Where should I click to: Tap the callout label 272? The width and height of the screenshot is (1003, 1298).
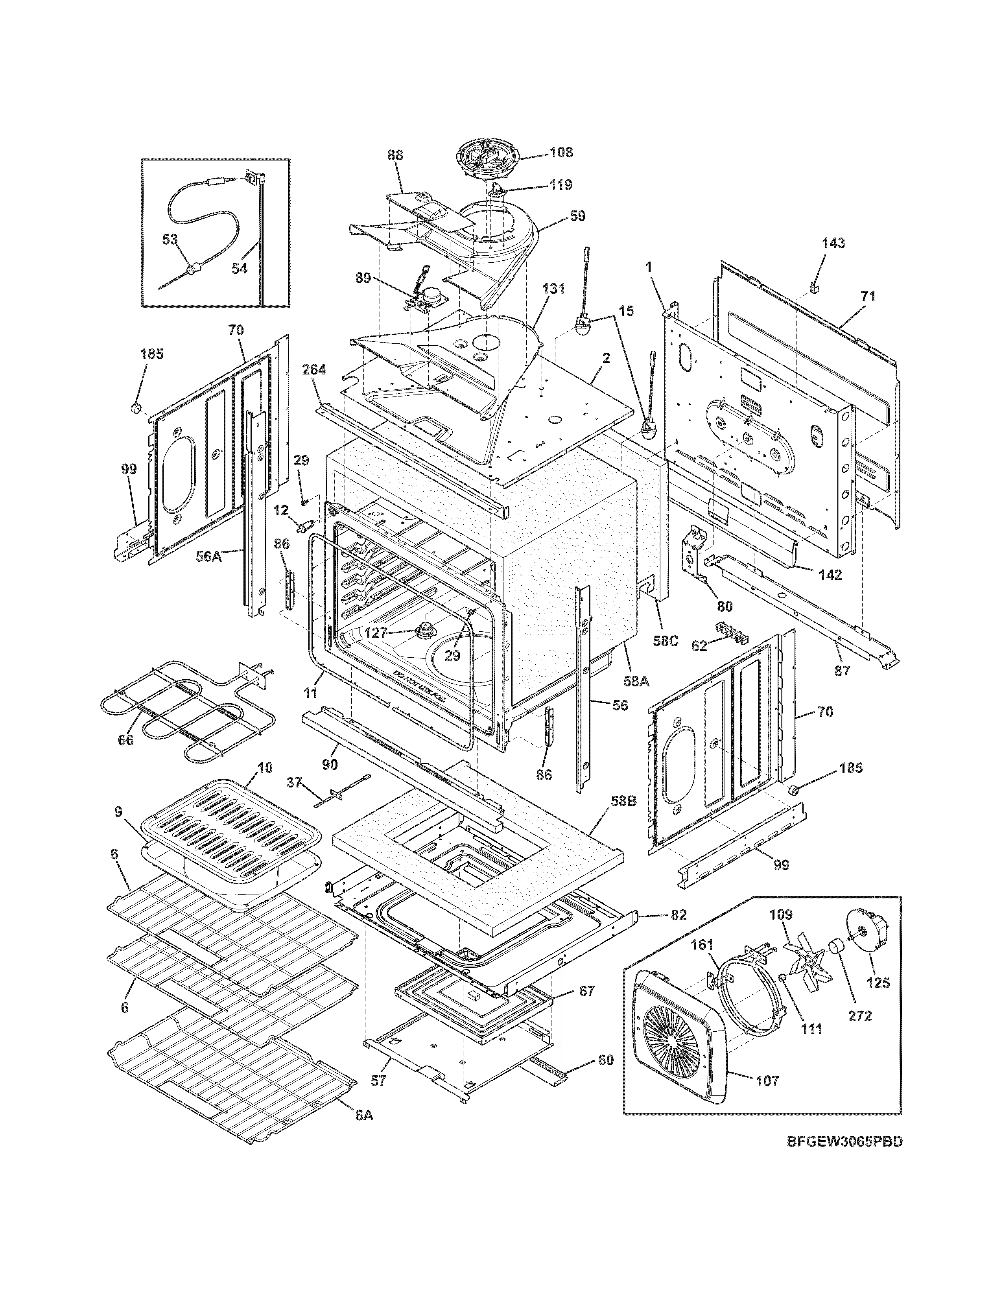[x=859, y=1016]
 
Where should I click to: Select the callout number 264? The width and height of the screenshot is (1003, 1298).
[x=314, y=370]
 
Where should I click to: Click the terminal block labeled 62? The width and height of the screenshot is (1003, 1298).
[x=731, y=632]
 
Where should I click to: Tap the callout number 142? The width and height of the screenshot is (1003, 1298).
[x=830, y=574]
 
